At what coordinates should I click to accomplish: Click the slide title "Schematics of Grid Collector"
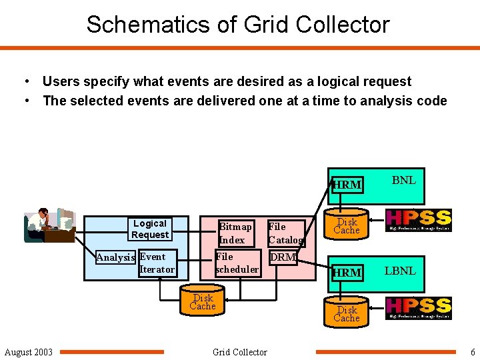point(238,25)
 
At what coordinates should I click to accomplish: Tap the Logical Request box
point(150,229)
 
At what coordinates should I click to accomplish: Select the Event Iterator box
point(157,263)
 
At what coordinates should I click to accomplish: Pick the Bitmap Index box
point(236,233)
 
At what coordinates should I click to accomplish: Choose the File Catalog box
point(285,233)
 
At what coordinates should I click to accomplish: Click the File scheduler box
point(237,263)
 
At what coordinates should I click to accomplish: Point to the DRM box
point(283,257)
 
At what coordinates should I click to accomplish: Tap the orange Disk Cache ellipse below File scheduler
point(203,302)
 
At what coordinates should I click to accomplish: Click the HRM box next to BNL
point(347,184)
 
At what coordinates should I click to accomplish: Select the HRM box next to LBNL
point(347,272)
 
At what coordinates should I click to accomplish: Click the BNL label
point(403,180)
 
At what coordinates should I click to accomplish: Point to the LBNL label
point(400,271)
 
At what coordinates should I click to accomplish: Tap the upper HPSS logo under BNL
point(419,220)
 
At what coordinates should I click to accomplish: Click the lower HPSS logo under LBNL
point(419,308)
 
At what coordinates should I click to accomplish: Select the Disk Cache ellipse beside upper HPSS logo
point(347,226)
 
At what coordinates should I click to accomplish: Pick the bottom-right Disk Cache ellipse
point(347,314)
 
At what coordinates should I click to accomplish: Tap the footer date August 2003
point(29,352)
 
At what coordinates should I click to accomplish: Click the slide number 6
point(473,352)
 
